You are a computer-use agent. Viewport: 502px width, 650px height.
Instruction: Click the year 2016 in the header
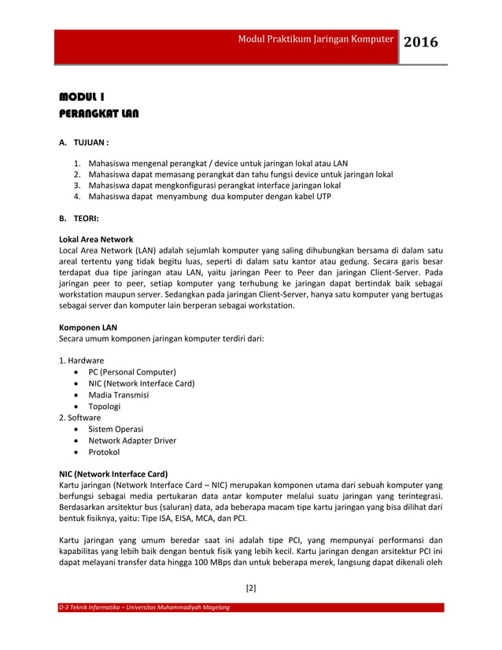(x=422, y=42)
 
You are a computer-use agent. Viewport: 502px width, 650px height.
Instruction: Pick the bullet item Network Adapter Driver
(x=132, y=441)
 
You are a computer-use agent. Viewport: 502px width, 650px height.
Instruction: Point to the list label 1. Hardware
(x=81, y=360)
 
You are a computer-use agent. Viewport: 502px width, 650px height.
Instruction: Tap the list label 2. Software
(x=79, y=418)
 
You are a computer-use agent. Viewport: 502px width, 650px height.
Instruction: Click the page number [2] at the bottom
(x=251, y=587)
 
